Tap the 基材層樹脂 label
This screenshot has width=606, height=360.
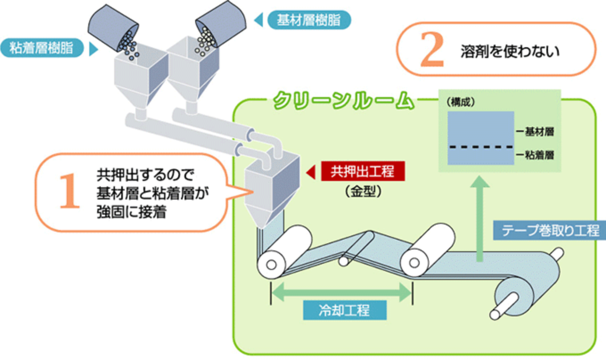point(309,20)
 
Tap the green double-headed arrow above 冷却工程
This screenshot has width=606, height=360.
point(341,292)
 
